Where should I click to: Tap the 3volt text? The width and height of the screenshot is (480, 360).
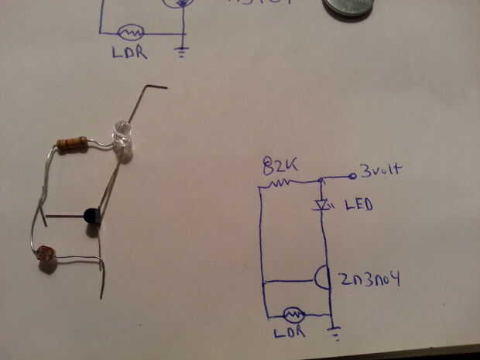coord(381,170)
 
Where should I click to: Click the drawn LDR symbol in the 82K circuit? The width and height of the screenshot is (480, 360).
coord(293,314)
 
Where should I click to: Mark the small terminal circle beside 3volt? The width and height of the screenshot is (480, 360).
coord(353,176)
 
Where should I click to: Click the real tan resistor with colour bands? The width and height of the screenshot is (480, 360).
coord(72,142)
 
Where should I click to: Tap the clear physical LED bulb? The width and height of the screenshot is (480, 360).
coord(123,135)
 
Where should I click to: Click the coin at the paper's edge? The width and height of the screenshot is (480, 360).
coord(348,8)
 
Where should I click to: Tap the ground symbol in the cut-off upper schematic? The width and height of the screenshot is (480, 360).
coord(183,53)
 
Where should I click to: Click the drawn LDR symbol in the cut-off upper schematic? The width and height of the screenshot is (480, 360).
coord(130,33)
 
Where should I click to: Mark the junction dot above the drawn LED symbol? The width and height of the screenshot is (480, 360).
coord(321,181)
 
